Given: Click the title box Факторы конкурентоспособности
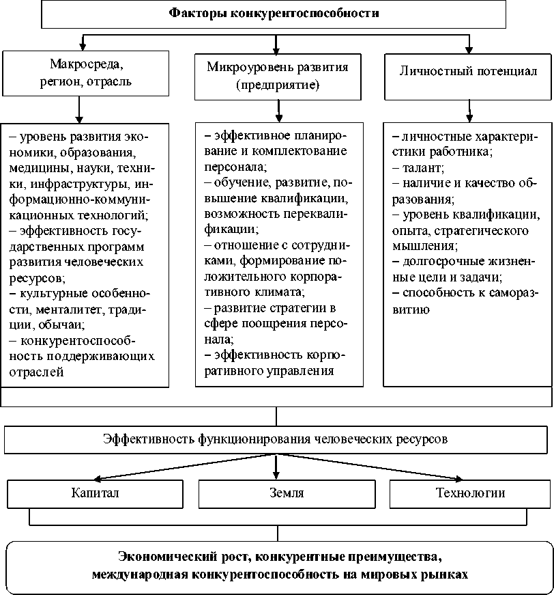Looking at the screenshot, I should point(274,14).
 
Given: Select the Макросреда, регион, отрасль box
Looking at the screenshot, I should point(81,72).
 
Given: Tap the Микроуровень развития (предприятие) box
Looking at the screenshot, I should point(277,76).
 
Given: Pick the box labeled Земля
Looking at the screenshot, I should point(277,493).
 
